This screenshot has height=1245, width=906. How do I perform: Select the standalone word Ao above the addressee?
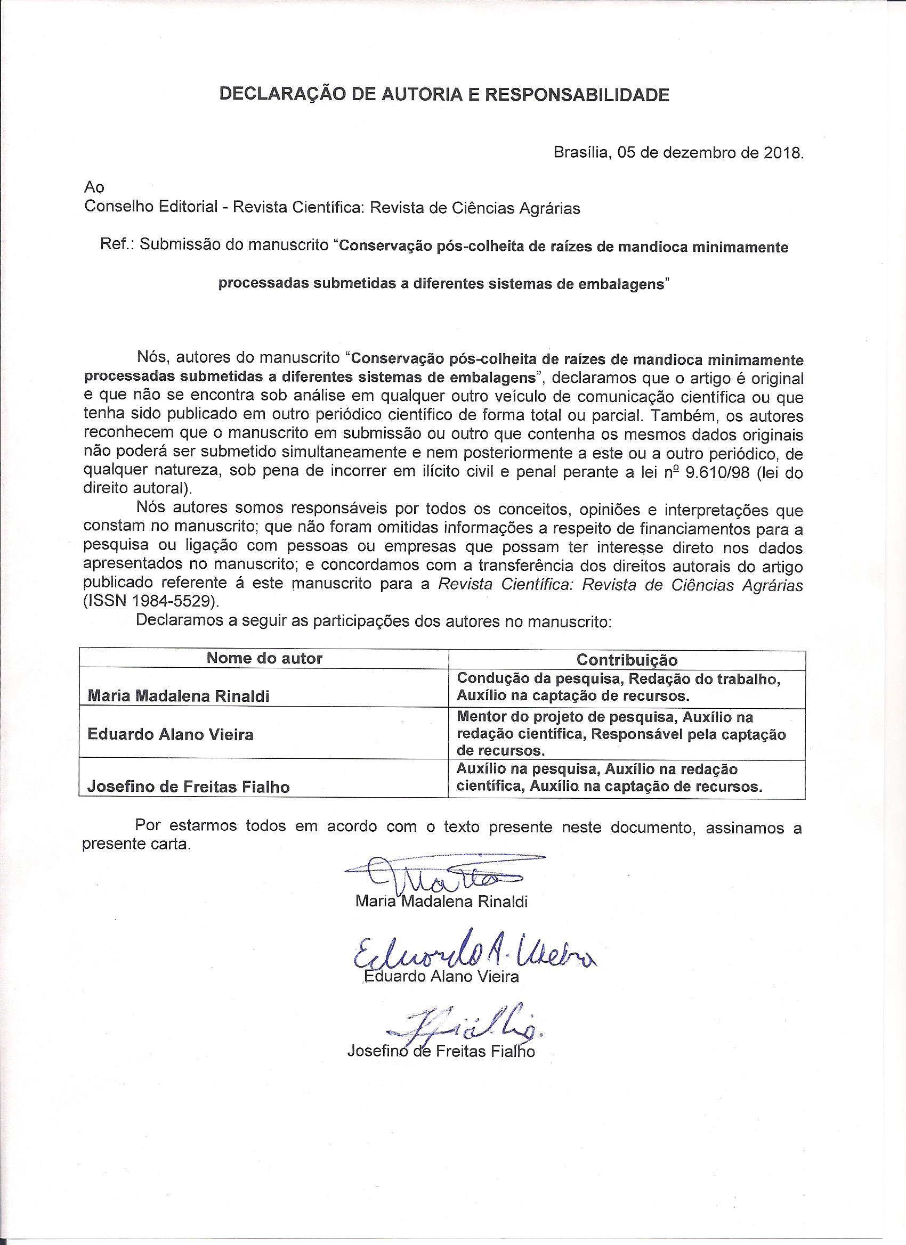pyautogui.click(x=94, y=187)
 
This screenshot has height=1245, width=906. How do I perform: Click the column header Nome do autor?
pyautogui.click(x=264, y=658)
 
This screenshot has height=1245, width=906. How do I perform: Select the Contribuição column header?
pyautogui.click(x=626, y=659)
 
